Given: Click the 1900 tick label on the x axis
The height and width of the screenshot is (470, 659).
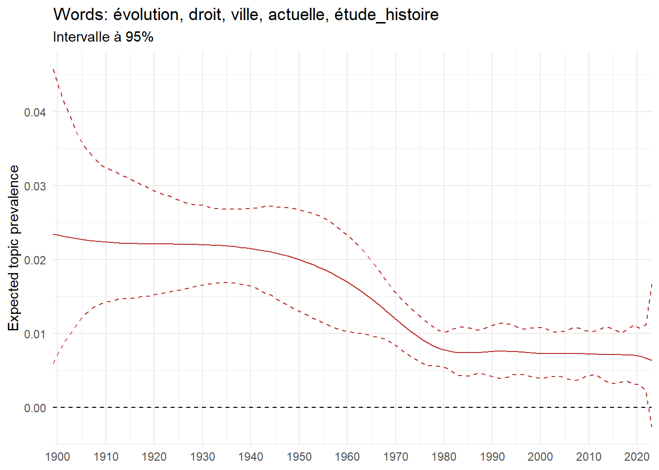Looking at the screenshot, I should coord(57,457).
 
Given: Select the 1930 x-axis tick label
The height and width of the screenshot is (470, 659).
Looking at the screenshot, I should coord(203,457).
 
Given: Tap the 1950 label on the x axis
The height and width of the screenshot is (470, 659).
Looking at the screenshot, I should coord(299,457).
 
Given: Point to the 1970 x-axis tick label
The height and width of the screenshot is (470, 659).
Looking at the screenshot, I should coord(396,457).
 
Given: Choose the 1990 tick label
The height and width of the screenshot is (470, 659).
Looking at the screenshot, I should coord(492,457).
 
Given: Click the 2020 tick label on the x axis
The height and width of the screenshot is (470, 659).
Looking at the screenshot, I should coord(637,457).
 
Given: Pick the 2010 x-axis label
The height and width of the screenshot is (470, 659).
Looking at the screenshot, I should coord(589,457).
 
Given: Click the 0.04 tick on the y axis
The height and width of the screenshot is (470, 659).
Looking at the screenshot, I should coord(35,112).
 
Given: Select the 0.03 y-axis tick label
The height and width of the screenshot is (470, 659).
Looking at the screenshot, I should coord(35,186).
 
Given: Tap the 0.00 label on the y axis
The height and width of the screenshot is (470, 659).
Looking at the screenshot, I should coord(35,408).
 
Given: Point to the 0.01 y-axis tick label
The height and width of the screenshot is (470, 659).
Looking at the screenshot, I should coord(35,334).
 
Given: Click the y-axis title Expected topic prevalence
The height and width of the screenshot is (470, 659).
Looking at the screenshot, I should coord(14,248).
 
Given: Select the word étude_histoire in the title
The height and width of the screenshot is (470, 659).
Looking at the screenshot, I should coord(386,15).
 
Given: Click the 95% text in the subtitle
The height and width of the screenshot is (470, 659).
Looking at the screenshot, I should coord(139,37).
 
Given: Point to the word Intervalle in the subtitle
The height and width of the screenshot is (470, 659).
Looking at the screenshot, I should coord(81,37).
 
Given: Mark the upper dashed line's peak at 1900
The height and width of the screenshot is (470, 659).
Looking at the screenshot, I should coord(53,70).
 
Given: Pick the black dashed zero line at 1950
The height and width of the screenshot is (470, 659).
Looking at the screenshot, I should coord(299,407).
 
